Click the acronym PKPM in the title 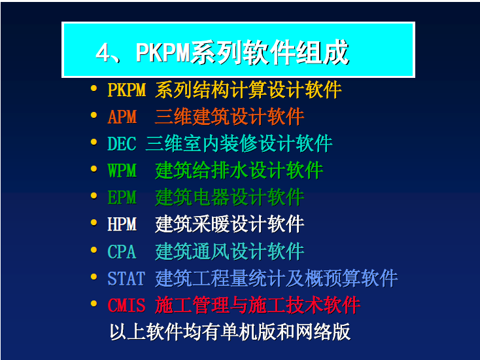(163, 53)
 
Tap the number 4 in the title (103, 53)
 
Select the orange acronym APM (122, 117)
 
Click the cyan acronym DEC (122, 144)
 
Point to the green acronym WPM (122, 170)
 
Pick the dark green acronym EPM (122, 197)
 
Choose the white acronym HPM (122, 224)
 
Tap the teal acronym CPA (122, 251)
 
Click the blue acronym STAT (126, 278)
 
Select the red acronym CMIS (126, 305)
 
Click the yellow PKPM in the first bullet (126, 90)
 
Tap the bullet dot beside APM (94, 115)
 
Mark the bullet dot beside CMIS (94, 304)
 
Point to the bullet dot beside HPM (94, 223)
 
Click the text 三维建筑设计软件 (230, 117)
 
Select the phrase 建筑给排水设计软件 (239, 170)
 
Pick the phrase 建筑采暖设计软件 (230, 224)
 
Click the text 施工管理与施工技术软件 (258, 305)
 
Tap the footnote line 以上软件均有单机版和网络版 (230, 332)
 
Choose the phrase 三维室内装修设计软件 (239, 144)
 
